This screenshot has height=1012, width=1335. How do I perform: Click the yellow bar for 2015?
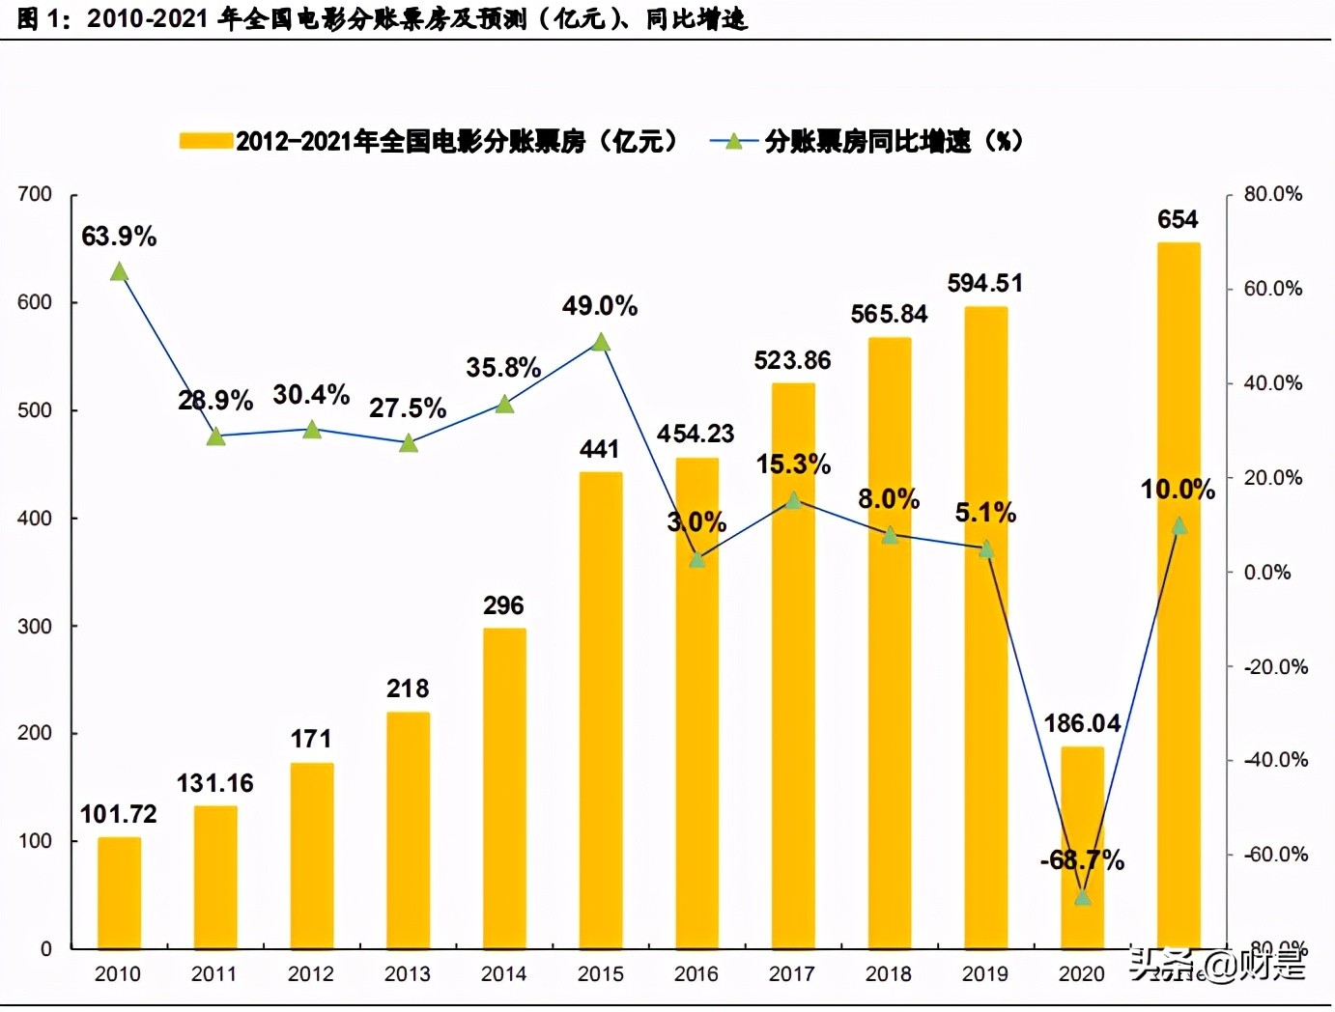(x=601, y=710)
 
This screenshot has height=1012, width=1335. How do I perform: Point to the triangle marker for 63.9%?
(x=119, y=272)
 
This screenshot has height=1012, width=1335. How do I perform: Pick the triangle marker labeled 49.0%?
(x=601, y=343)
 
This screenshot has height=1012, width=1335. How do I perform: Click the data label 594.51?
(x=984, y=284)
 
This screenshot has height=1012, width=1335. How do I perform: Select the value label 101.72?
(x=118, y=814)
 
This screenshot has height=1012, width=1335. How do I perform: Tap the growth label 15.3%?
(x=793, y=464)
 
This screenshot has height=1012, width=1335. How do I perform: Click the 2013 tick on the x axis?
(x=408, y=974)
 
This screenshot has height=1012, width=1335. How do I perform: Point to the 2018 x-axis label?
(x=889, y=974)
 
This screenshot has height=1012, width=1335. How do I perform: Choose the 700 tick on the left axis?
(x=35, y=194)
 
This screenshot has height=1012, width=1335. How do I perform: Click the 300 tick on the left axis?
(x=35, y=626)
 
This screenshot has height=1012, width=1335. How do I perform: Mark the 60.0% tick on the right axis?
(x=1272, y=289)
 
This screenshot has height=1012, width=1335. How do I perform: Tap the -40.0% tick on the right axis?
(x=1274, y=760)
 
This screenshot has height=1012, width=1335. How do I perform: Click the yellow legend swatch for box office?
(x=206, y=142)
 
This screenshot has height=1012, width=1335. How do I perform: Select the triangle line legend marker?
(x=733, y=142)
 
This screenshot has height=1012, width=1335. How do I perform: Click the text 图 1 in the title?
(x=39, y=19)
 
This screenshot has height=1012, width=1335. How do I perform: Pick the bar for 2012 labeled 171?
(x=311, y=855)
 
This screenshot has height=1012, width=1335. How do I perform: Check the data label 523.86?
(x=792, y=361)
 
